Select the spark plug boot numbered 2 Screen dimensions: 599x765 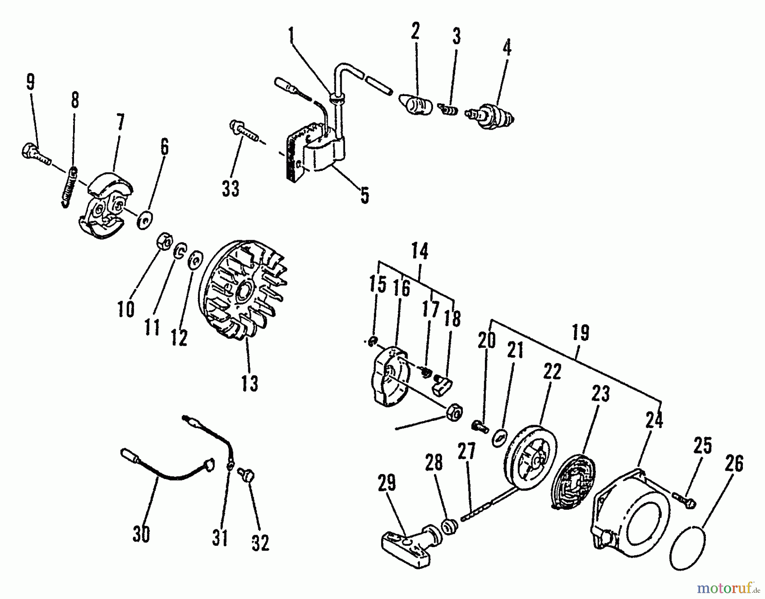[x=414, y=105]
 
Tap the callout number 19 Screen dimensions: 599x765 [x=580, y=332]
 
